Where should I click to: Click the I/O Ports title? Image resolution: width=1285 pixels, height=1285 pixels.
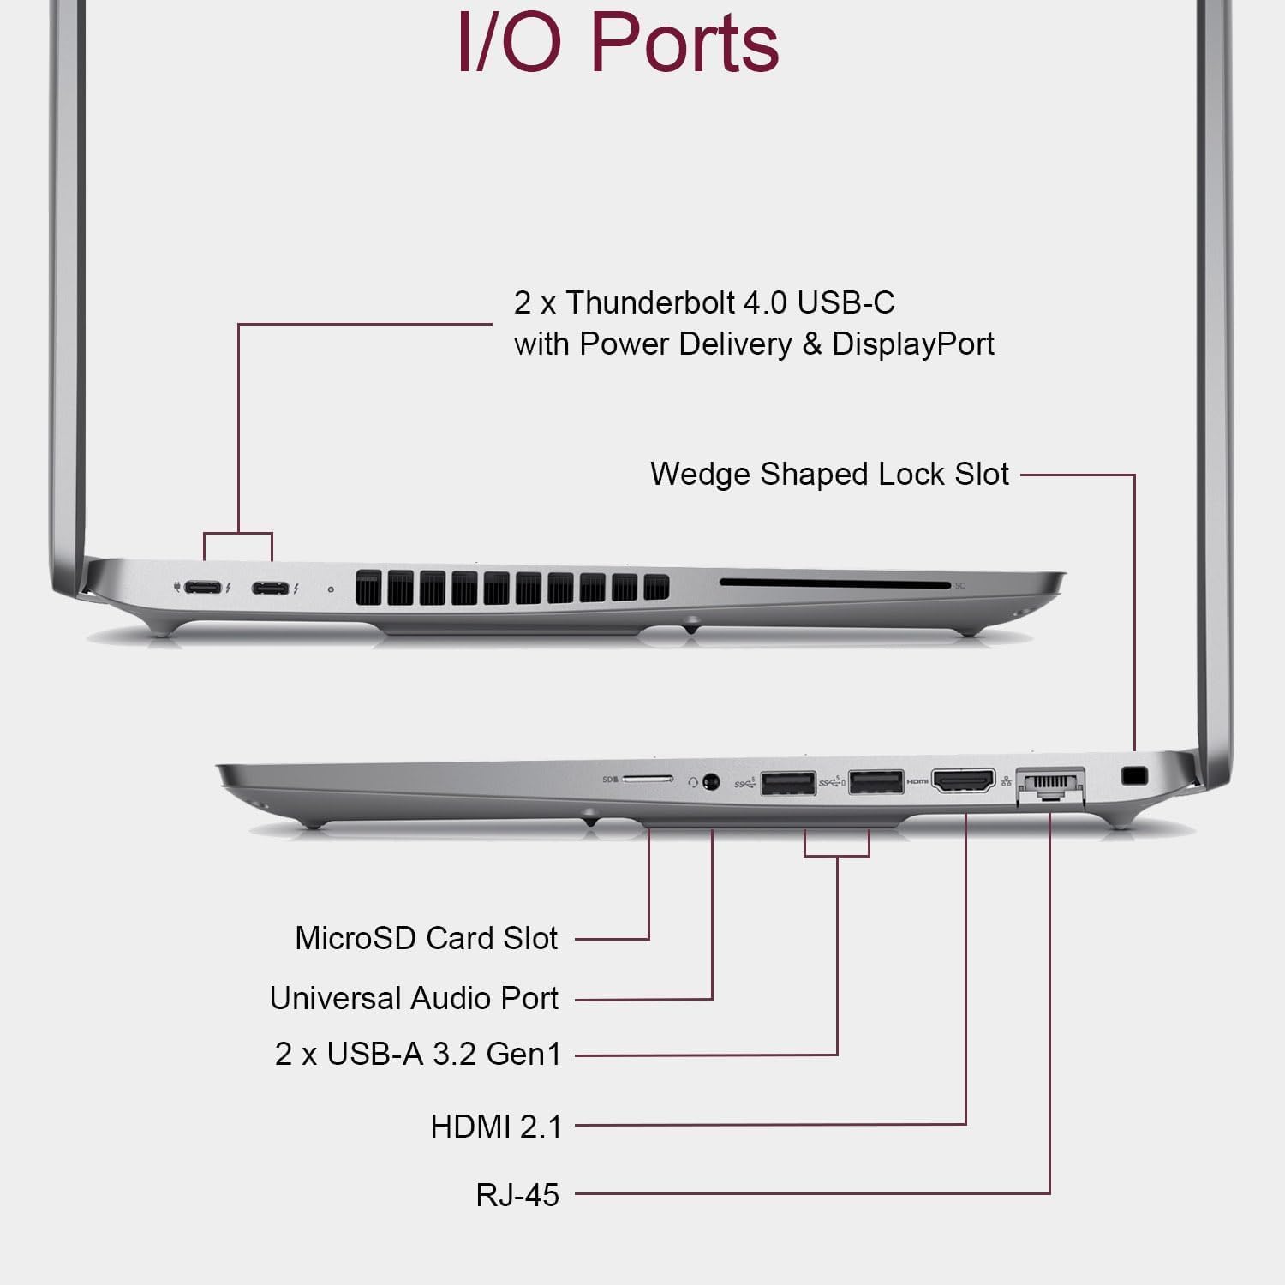click(618, 43)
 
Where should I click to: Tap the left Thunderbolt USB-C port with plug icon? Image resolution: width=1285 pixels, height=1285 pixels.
click(203, 588)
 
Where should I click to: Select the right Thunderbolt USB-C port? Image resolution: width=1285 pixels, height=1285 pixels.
click(271, 589)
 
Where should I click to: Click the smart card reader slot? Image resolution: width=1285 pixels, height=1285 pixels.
click(834, 584)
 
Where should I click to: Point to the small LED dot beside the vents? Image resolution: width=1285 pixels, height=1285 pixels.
click(332, 589)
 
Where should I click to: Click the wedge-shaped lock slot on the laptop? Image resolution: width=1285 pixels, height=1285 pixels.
click(1134, 776)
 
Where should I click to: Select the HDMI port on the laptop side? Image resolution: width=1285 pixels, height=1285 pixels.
click(964, 781)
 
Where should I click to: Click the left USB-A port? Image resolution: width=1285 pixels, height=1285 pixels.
click(787, 783)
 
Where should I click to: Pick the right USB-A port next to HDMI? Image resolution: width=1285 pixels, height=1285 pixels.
click(876, 782)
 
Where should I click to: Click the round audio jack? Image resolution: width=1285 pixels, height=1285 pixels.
click(710, 781)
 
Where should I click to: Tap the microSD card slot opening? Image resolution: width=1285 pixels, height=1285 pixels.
click(648, 780)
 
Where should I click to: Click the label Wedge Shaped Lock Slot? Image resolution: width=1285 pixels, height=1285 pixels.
click(829, 474)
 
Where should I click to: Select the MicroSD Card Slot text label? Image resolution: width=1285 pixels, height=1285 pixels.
click(426, 938)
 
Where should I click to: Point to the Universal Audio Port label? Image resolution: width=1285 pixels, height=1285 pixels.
click(414, 998)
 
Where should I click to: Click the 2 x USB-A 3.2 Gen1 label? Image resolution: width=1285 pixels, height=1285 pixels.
click(417, 1054)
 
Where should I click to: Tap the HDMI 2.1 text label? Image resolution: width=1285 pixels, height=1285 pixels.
click(496, 1127)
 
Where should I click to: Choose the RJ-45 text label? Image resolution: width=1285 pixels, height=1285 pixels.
click(517, 1194)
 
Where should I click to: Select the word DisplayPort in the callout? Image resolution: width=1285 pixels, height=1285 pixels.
click(912, 344)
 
